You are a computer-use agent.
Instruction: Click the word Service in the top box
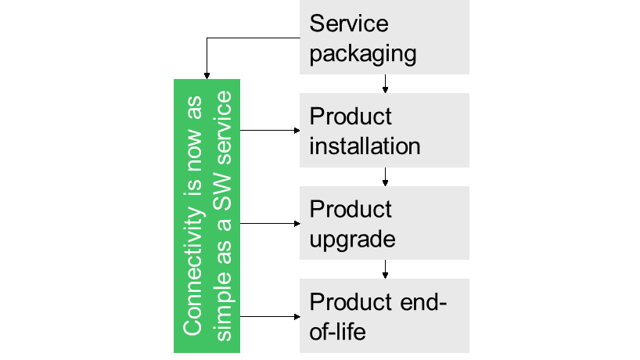[349, 23]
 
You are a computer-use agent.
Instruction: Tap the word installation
[365, 146]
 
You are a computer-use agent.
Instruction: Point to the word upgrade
[352, 239]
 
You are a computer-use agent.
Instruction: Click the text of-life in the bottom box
[338, 331]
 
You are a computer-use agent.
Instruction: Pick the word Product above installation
[351, 117]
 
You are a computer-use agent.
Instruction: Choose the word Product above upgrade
[351, 210]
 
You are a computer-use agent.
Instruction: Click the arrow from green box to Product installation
[270, 131]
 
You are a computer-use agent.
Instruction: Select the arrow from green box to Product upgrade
[270, 223]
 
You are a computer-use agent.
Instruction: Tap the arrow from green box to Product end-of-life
[270, 316]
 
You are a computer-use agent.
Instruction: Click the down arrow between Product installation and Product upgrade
[385, 177]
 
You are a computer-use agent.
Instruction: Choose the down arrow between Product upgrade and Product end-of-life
[385, 269]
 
